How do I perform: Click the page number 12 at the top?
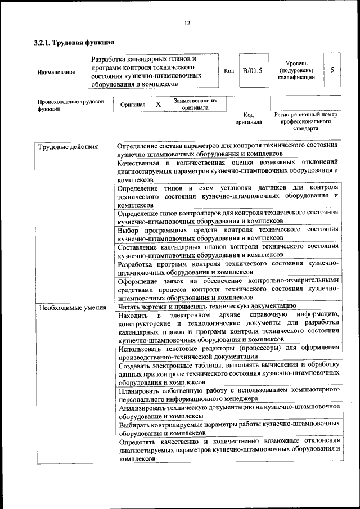click(187, 23)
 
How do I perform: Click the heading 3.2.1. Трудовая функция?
click(74, 43)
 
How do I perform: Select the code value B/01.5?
click(253, 71)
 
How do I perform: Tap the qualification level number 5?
click(332, 70)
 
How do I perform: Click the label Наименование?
click(56, 73)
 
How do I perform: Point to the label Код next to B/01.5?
click(229, 71)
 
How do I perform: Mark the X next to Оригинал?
click(158, 105)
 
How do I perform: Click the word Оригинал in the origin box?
click(133, 105)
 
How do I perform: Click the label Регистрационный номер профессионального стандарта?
click(305, 121)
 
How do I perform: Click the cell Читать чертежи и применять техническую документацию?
click(207, 307)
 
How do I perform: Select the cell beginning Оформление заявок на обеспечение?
click(228, 289)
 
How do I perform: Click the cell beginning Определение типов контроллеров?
click(228, 217)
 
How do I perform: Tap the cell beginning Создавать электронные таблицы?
click(228, 373)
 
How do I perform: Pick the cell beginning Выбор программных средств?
click(228, 233)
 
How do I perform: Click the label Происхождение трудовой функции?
click(71, 106)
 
